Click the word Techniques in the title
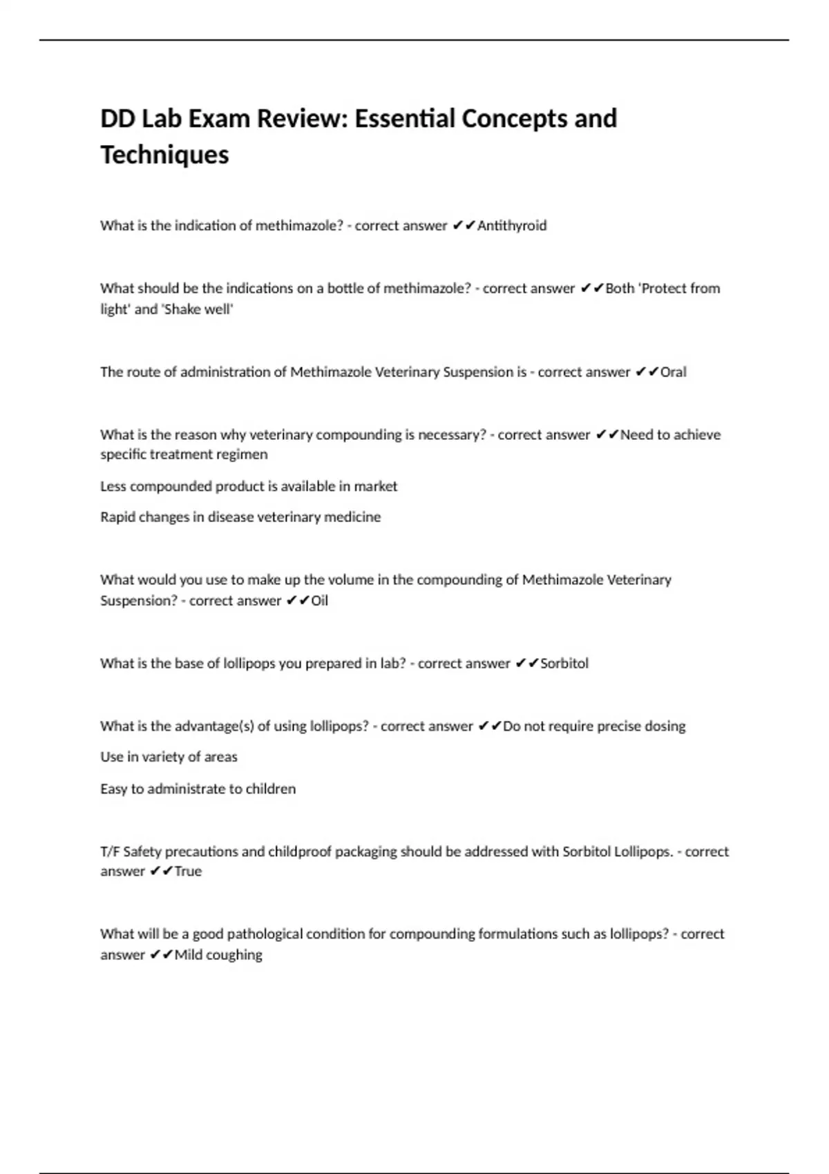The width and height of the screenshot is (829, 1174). tap(164, 155)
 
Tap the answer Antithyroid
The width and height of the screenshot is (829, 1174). tap(512, 226)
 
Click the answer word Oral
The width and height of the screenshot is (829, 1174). tap(674, 372)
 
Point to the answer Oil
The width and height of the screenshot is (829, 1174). tap(319, 601)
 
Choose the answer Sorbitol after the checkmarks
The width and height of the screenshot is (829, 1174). tap(564, 664)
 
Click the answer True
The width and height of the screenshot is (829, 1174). tap(188, 872)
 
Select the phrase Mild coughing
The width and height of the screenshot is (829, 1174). tap(218, 955)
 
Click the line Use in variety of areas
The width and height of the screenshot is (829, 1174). tap(169, 757)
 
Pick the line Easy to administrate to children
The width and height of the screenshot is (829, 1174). tap(198, 789)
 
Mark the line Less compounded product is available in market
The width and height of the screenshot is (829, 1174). tap(249, 486)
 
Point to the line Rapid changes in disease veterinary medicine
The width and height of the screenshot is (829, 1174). tap(240, 517)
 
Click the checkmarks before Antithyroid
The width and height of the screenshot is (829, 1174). tap(464, 226)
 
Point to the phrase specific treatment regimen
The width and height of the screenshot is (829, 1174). tap(184, 454)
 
